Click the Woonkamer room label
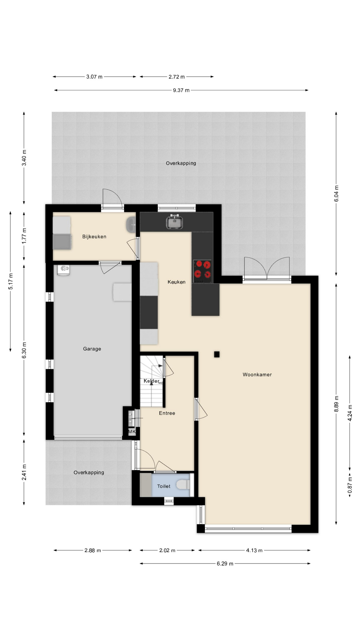pyautogui.click(x=257, y=375)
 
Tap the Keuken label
pyautogui.click(x=176, y=282)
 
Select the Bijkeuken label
pyautogui.click(x=94, y=237)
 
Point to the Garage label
pyautogui.click(x=92, y=349)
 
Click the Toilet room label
pyautogui.click(x=164, y=486)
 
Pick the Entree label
pyautogui.click(x=167, y=413)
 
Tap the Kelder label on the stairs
pyautogui.click(x=151, y=381)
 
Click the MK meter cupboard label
pyautogui.click(x=132, y=432)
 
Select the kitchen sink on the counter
pyautogui.click(x=174, y=222)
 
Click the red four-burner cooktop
pyautogui.click(x=202, y=270)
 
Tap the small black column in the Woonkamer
pyautogui.click(x=217, y=354)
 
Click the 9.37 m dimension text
pyautogui.click(x=181, y=90)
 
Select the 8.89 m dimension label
pyautogui.click(x=336, y=404)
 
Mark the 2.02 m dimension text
pyautogui.click(x=167, y=550)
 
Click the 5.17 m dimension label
pyautogui.click(x=11, y=281)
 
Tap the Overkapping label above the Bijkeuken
pyautogui.click(x=181, y=163)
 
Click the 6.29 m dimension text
pyautogui.click(x=225, y=564)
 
